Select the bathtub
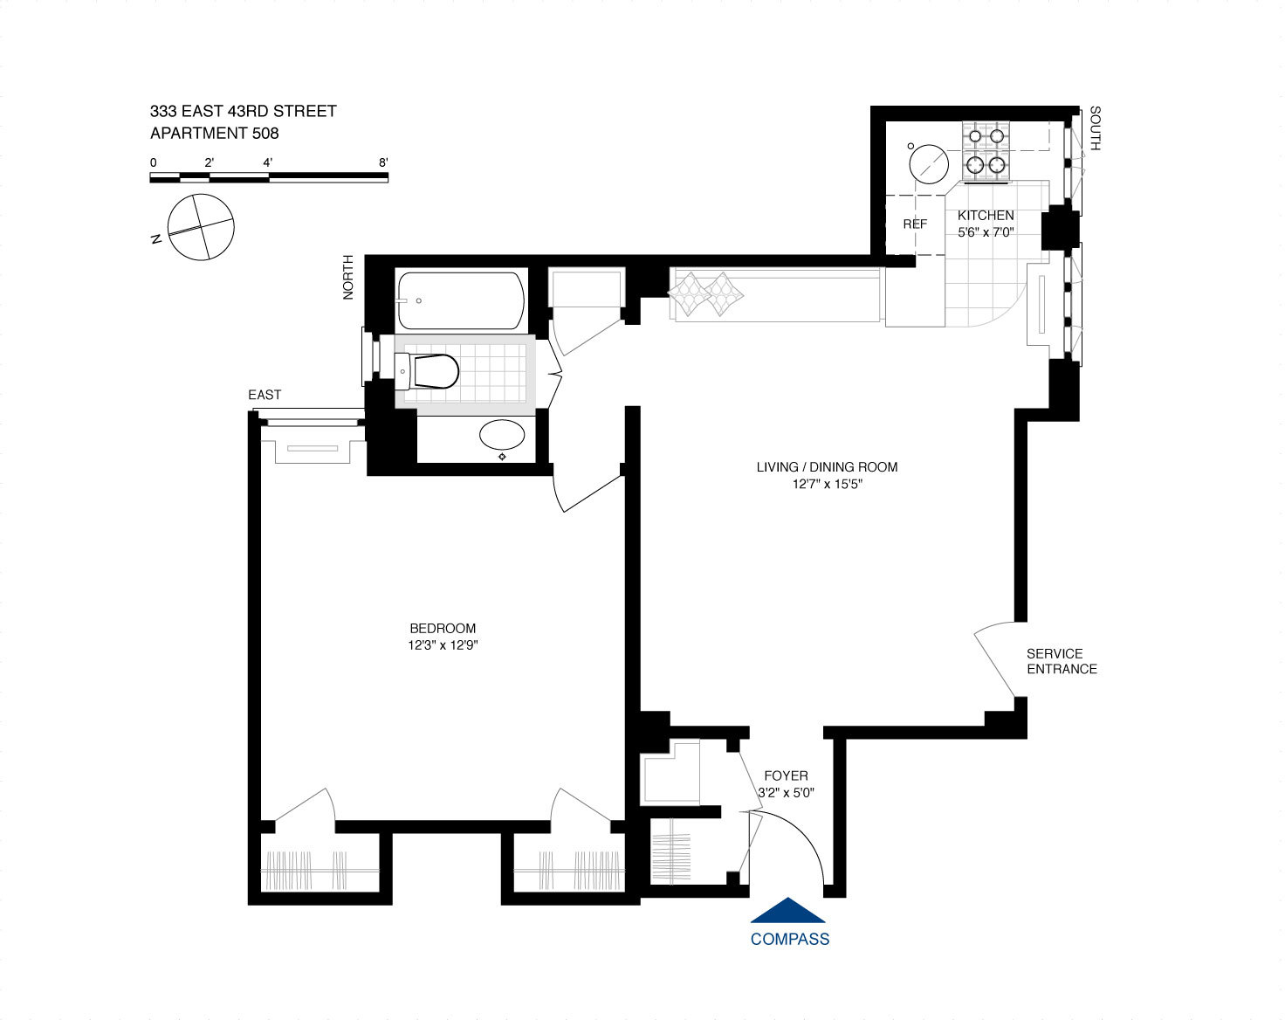pyautogui.click(x=461, y=300)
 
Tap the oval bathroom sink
pyautogui.click(x=503, y=434)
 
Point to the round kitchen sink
pyautogui.click(x=928, y=163)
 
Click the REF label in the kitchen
pyautogui.click(x=915, y=224)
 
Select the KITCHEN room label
pyautogui.click(x=986, y=215)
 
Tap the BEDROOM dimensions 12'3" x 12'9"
pyautogui.click(x=443, y=645)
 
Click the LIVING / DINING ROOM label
pyautogui.click(x=827, y=467)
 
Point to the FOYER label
pyautogui.click(x=786, y=775)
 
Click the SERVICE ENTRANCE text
pyautogui.click(x=1061, y=661)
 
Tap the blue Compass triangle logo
pyautogui.click(x=788, y=911)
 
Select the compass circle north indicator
pyautogui.click(x=201, y=227)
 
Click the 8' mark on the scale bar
pyautogui.click(x=383, y=162)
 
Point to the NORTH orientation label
pyautogui.click(x=348, y=277)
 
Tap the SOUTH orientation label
pyautogui.click(x=1095, y=128)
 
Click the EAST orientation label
pyautogui.click(x=265, y=395)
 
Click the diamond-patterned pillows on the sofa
pyautogui.click(x=706, y=293)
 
